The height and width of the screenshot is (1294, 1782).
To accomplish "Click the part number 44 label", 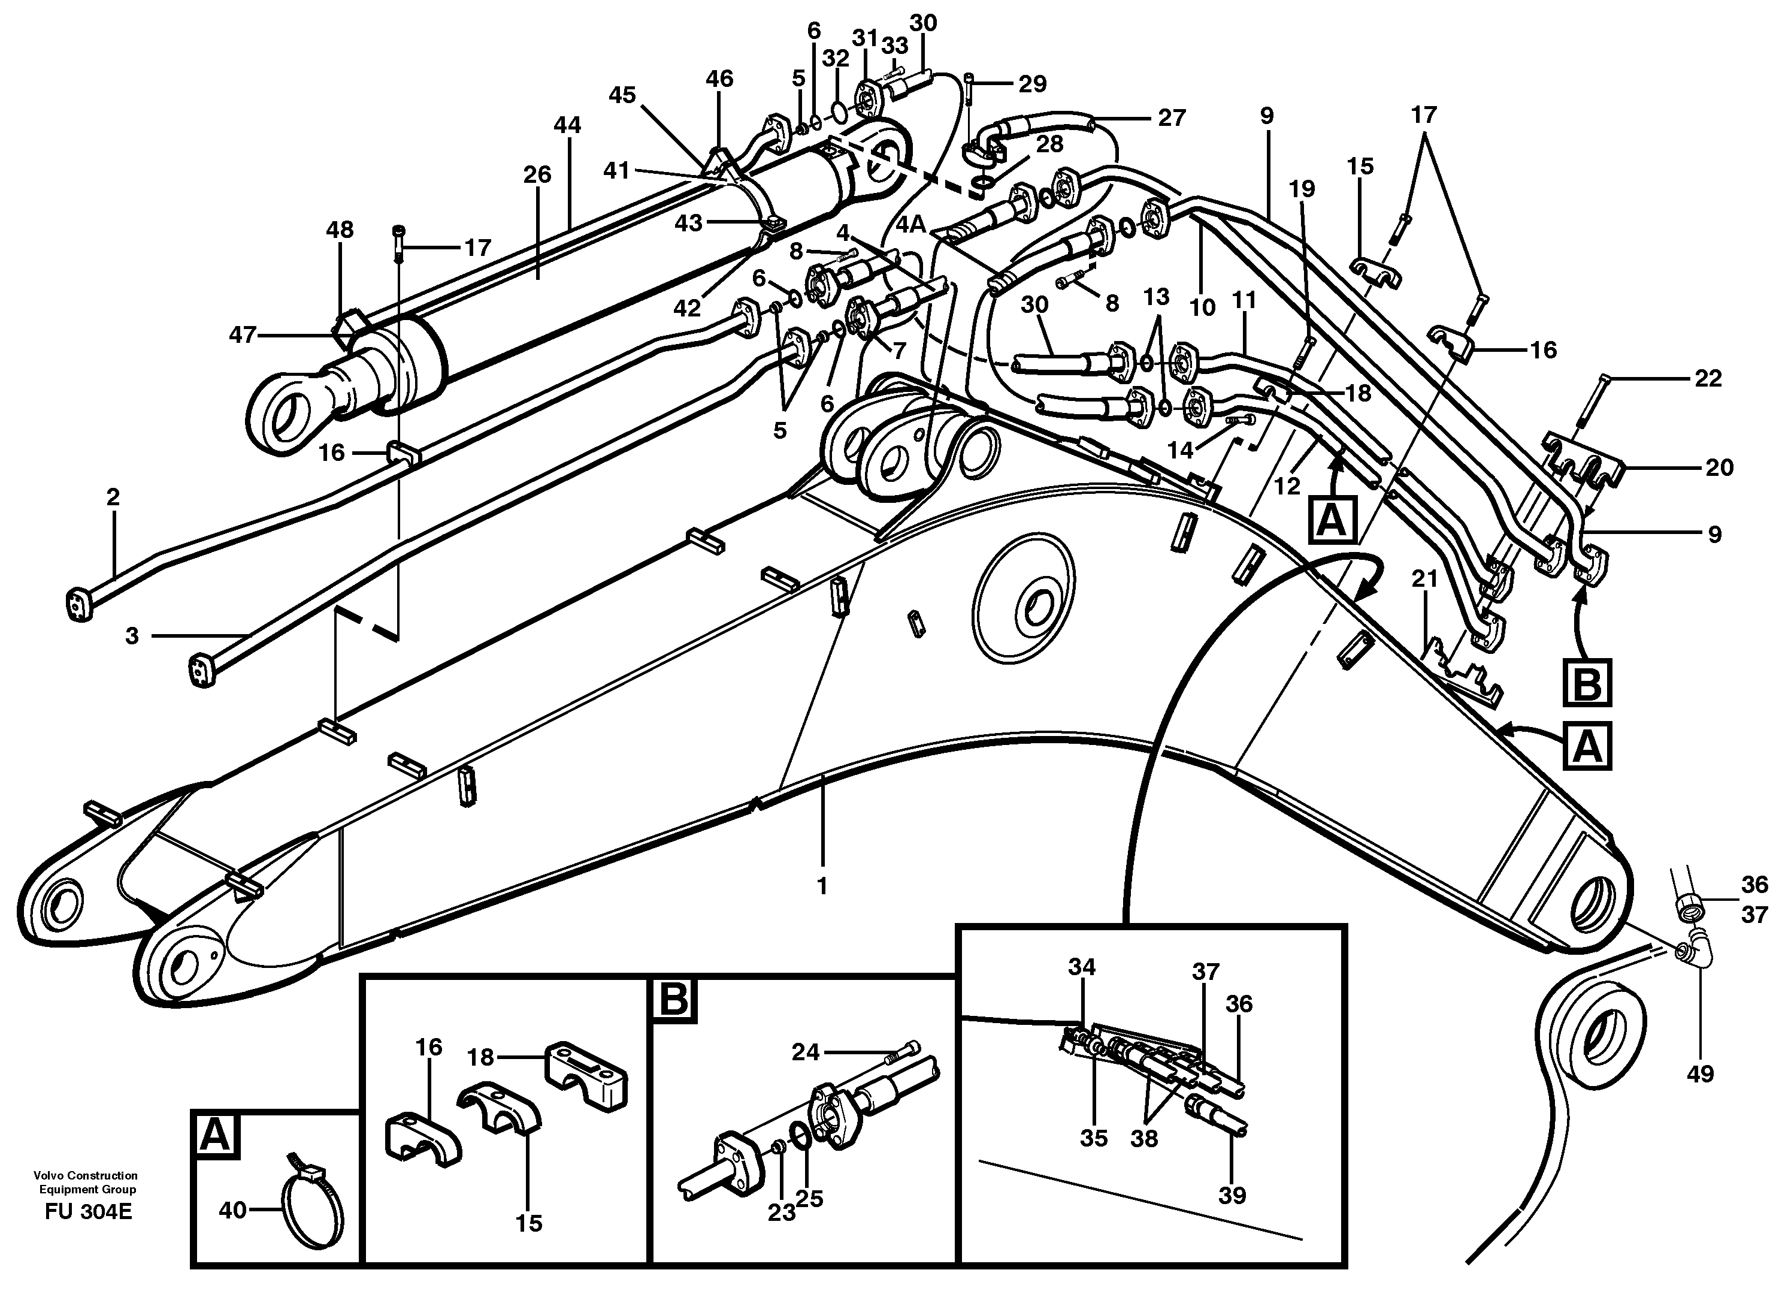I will [x=567, y=125].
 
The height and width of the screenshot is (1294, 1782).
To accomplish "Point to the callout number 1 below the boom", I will [x=822, y=886].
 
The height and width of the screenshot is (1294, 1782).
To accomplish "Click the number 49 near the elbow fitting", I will [x=1699, y=1074].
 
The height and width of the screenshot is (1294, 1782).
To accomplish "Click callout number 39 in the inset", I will [x=1232, y=1196].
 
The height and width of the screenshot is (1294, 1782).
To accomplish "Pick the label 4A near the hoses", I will [x=912, y=224].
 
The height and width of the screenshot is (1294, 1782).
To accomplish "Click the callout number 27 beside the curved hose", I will [x=1172, y=118].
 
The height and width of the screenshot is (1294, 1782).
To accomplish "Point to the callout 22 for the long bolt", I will [x=1708, y=379].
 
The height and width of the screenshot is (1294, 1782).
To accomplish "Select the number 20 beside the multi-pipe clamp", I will [x=1719, y=467].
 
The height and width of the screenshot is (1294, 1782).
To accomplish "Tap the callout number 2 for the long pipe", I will [x=113, y=497].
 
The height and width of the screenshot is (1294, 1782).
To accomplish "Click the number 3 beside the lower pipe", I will [x=132, y=635].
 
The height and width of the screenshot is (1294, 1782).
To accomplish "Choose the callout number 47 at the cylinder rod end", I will [x=243, y=335].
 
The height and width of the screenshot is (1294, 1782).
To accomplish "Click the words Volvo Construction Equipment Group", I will [x=85, y=1183].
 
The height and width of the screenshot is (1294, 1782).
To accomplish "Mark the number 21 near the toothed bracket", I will [x=1424, y=580].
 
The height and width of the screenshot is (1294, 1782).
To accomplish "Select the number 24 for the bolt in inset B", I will [x=806, y=1051].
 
